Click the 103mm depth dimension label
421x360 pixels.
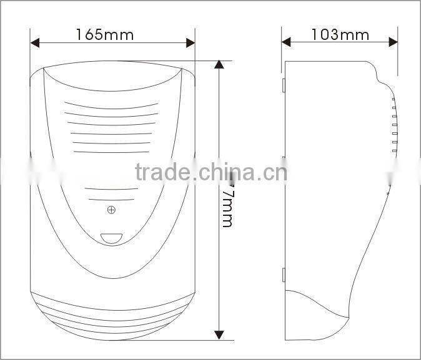point(340,34)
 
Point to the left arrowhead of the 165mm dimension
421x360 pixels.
point(35,43)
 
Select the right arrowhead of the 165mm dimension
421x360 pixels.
point(191,43)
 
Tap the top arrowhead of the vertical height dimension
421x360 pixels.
point(219,66)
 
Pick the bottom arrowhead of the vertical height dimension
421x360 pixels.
point(219,335)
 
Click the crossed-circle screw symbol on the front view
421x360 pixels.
point(111,210)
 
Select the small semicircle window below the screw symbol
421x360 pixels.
point(111,238)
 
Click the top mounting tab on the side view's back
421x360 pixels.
point(283,84)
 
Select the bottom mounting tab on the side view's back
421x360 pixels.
point(283,274)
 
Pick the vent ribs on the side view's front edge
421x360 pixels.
point(394,125)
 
